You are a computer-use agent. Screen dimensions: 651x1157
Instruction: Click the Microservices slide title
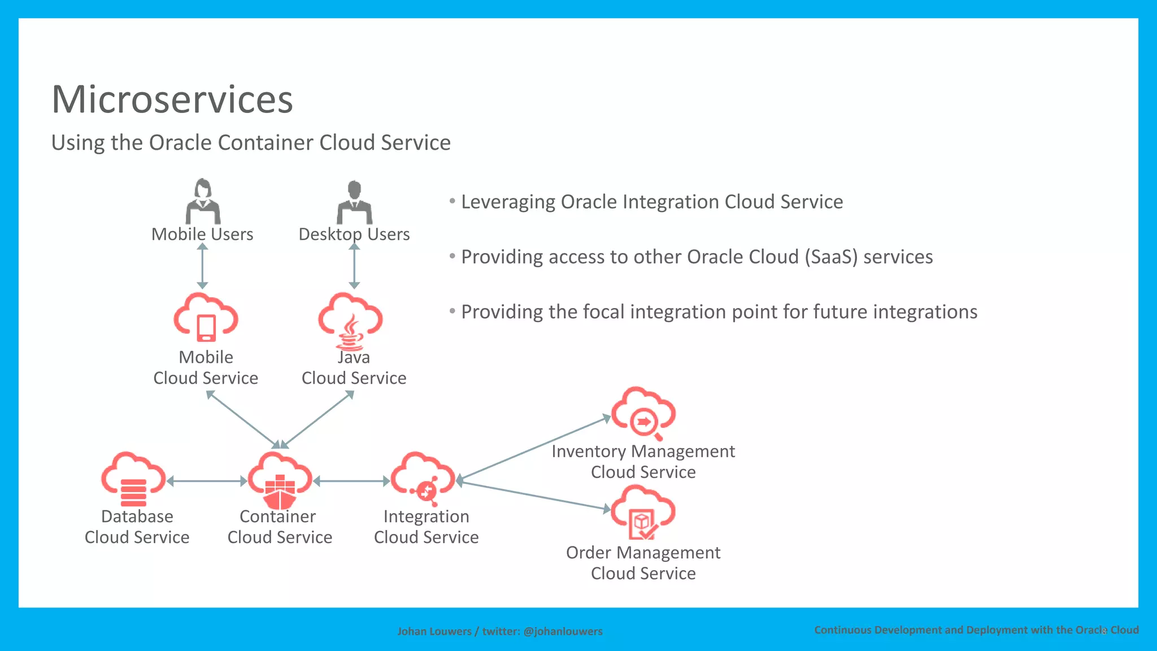[x=172, y=99]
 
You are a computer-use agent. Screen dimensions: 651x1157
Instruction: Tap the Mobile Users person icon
[x=203, y=202]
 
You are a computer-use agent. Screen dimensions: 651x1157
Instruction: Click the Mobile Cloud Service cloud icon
[x=206, y=318]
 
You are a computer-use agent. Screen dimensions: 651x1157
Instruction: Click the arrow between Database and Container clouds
[x=207, y=481]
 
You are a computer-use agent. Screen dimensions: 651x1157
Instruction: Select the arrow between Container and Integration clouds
[x=351, y=481]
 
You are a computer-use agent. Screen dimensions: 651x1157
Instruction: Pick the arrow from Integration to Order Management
[x=533, y=495]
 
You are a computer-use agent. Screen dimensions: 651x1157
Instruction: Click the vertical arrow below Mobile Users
[x=203, y=266]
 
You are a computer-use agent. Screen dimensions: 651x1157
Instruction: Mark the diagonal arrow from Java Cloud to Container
[x=317, y=419]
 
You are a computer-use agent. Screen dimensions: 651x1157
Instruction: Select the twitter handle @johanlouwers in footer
[x=563, y=631]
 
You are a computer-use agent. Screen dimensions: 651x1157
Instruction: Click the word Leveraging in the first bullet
[x=508, y=202]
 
